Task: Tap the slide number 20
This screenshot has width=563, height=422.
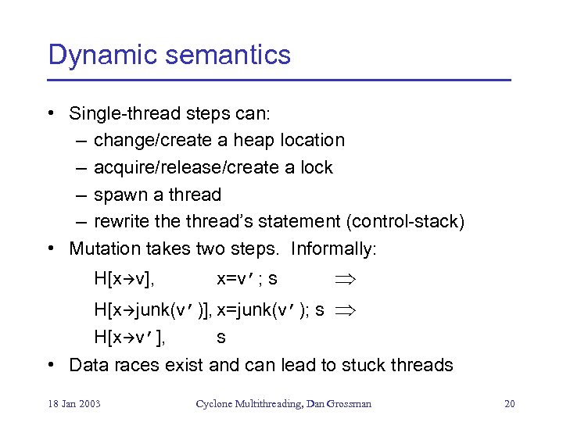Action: click(x=510, y=403)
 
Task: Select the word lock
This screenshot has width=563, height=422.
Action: click(x=317, y=167)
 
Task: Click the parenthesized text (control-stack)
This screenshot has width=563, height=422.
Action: click(x=405, y=222)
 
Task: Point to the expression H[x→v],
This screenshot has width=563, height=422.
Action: click(x=124, y=278)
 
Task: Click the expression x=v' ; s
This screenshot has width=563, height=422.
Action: click(x=246, y=278)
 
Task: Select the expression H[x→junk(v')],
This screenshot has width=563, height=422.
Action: click(x=153, y=310)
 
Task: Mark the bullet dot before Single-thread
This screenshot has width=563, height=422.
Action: click(x=51, y=114)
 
